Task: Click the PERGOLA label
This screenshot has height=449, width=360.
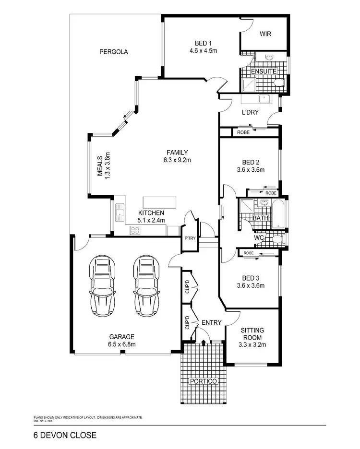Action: click(x=113, y=52)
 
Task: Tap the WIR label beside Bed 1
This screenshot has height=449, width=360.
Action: click(x=266, y=34)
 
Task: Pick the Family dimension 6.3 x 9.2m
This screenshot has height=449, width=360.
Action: click(x=177, y=160)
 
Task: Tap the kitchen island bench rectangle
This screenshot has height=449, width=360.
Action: click(x=159, y=202)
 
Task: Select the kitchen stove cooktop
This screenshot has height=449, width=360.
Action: click(x=135, y=231)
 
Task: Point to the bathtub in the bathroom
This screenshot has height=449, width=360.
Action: click(x=278, y=215)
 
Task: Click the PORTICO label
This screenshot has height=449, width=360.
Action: click(x=203, y=381)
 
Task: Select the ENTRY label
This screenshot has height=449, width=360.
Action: click(x=211, y=322)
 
